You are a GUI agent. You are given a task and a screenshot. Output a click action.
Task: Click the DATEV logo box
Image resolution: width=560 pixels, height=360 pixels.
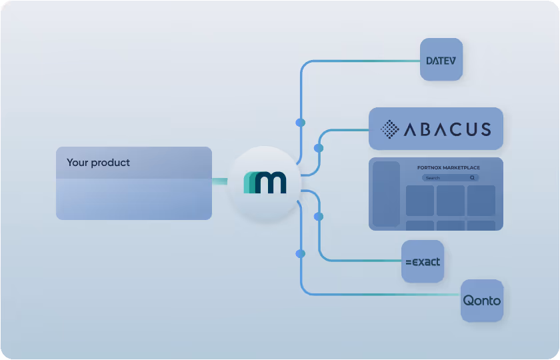pyautogui.click(x=441, y=60)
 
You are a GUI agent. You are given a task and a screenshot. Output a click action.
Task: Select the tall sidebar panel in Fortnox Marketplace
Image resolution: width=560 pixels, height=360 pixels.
pyautogui.click(x=386, y=193)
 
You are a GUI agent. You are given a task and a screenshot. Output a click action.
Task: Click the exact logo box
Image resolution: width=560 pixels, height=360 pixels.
pyautogui.click(x=423, y=262)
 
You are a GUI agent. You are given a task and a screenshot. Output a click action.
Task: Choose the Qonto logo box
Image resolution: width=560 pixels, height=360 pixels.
pyautogui.click(x=482, y=301)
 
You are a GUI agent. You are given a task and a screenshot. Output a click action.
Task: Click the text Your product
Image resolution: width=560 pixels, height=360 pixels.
pyautogui.click(x=98, y=163)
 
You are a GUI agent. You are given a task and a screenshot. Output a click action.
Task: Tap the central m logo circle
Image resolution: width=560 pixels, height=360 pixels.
pyautogui.click(x=264, y=182)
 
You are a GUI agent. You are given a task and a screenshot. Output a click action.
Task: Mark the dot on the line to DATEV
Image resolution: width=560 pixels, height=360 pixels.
pyautogui.click(x=301, y=123)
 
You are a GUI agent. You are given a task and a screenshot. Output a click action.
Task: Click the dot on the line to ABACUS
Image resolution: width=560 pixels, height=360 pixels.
pyautogui.click(x=319, y=147)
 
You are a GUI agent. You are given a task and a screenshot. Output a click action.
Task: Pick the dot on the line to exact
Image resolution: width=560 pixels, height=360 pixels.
pyautogui.click(x=319, y=217)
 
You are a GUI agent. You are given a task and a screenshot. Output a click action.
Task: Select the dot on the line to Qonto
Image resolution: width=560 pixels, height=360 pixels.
pyautogui.click(x=301, y=253)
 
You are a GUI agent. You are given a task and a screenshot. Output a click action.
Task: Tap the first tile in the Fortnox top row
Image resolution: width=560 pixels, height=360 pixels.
pyautogui.click(x=420, y=201)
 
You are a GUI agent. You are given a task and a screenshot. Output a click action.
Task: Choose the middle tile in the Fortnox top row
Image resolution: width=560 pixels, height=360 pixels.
pyautogui.click(x=451, y=201)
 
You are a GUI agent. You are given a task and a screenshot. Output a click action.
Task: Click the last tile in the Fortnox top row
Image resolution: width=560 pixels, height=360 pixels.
pyautogui.click(x=481, y=201)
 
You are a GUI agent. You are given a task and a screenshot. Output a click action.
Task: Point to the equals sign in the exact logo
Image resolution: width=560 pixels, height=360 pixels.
pyautogui.click(x=409, y=263)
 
